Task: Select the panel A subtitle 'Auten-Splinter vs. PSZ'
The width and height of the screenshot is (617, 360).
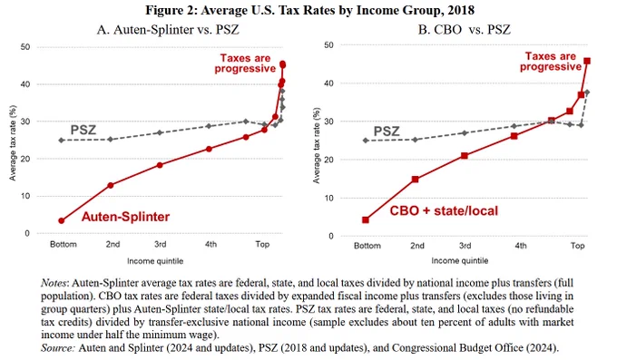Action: coord(176,30)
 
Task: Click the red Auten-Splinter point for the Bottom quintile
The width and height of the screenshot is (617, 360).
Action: coord(62,220)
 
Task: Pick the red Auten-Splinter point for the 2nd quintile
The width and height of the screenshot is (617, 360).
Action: coord(111,185)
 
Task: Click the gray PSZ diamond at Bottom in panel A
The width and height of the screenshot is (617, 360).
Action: coord(62,140)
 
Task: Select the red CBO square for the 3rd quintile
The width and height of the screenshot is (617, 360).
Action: coord(465,156)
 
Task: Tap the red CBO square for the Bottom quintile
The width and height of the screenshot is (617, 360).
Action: coord(366,220)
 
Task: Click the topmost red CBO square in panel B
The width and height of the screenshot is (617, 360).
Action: coord(587,61)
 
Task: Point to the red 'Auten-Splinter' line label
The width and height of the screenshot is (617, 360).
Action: coord(125,217)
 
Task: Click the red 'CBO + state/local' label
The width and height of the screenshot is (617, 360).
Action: coord(444,211)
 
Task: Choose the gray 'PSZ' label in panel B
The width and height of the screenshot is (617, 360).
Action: coord(387,131)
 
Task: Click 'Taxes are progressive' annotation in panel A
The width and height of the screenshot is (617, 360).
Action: coord(245,63)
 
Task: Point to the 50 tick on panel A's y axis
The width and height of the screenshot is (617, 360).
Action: coord(25,47)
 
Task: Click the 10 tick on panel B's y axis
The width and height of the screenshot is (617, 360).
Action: coord(328,198)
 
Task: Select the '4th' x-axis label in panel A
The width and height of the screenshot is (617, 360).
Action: coord(211,244)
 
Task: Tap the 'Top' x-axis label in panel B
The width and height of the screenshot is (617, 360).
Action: coord(578,246)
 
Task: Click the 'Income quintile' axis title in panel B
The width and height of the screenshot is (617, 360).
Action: coord(460,260)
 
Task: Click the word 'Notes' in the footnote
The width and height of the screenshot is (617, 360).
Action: coord(54,283)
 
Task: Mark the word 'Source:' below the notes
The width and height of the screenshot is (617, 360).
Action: coord(57,348)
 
